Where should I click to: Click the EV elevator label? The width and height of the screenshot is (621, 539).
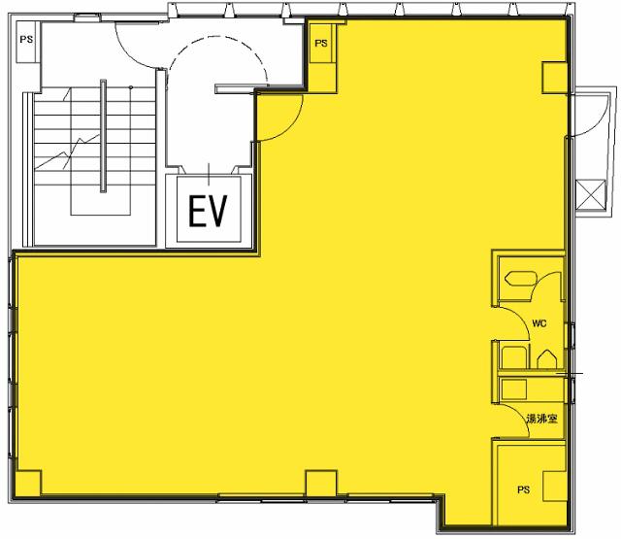coord(208,211)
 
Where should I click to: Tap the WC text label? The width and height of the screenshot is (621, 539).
coord(539,323)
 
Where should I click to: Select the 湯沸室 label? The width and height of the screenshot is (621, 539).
coord(541,419)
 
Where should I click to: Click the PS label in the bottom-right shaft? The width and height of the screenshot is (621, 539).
coord(523,490)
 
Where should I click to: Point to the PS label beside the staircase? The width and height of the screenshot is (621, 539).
coord(26,40)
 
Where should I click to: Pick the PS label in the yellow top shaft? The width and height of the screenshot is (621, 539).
coord(321,43)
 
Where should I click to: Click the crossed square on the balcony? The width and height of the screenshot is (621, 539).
coord(591,194)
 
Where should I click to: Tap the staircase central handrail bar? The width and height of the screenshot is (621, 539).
coord(103,136)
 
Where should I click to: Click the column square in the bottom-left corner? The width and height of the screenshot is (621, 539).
coord(28,483)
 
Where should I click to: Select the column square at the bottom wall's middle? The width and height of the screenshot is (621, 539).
coord(321,483)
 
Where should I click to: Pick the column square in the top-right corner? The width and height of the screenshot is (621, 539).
coord(554,78)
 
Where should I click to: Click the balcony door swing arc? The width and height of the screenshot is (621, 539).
coord(599,123)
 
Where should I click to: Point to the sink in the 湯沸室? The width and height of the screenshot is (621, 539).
coord(514,389)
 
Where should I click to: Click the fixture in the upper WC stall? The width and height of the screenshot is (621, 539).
coord(520,278)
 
